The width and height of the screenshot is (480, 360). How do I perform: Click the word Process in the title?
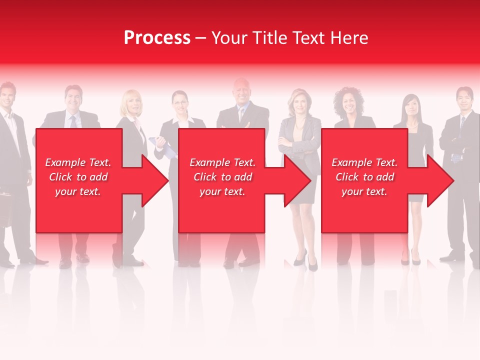[157, 38]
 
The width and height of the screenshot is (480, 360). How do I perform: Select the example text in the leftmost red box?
[78, 177]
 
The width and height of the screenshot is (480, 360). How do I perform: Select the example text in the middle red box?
[222, 177]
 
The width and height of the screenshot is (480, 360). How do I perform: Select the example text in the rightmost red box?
[364, 177]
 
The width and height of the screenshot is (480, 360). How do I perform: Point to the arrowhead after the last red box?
[440, 180]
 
